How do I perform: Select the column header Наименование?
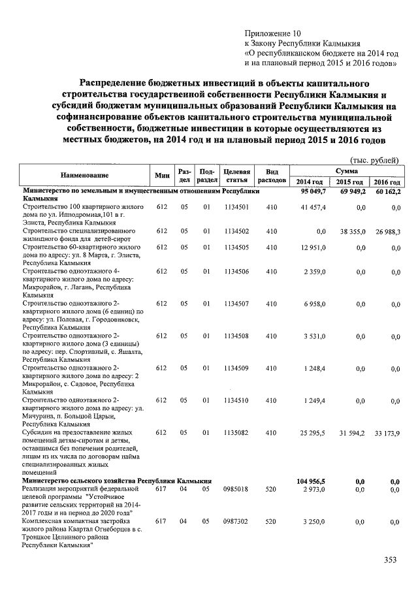85,176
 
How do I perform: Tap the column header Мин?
162,176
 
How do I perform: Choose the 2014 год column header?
310,181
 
